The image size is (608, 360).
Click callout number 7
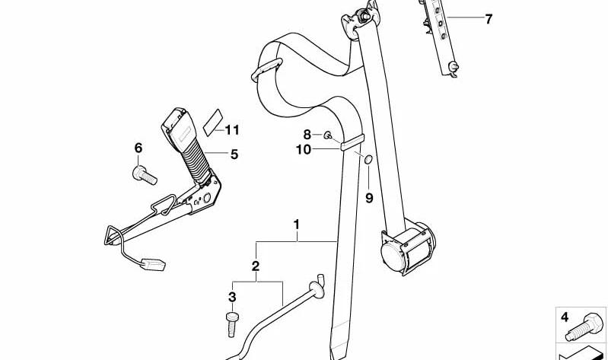coord(489,18)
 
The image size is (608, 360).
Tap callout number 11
coord(232,130)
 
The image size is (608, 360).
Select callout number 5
coord(234,155)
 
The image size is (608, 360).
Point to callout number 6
coord(138,148)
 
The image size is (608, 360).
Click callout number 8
coord(307,135)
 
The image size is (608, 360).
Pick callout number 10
coord(304,149)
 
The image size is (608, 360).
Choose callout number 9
coord(369,198)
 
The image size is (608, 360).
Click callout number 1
coord(297,225)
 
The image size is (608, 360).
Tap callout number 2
coord(255,266)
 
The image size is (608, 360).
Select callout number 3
coord(232,298)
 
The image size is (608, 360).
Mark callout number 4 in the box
coord(565,317)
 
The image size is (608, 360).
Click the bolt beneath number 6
coord(145,175)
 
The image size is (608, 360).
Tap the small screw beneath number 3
coord(232,324)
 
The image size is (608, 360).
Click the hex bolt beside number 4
coord(584,327)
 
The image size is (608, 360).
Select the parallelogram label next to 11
coord(214,123)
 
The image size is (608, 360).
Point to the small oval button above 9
coord(368,158)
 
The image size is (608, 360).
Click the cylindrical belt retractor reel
coord(407,247)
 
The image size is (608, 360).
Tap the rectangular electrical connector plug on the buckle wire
coord(153,264)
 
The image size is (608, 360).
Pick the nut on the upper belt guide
coord(364,16)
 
